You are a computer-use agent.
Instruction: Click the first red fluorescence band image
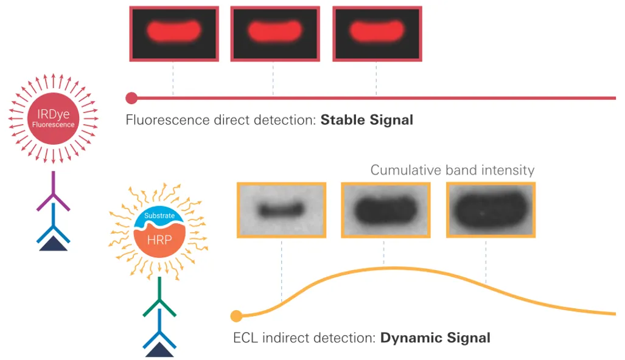(x=174, y=33)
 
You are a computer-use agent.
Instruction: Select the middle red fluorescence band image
(x=275, y=33)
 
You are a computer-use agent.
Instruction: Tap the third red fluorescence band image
(x=377, y=33)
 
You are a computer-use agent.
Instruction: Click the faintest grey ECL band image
(x=281, y=210)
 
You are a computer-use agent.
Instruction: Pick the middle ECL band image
(x=386, y=210)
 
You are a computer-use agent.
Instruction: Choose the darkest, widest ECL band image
(x=491, y=210)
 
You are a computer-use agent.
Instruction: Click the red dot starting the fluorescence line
(x=131, y=97)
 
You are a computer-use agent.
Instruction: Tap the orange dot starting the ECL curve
(x=237, y=316)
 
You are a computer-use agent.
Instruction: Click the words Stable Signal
(x=366, y=120)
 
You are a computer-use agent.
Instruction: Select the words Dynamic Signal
(x=435, y=337)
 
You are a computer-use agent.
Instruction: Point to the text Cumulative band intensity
(x=452, y=170)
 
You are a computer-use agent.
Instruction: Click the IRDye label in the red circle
(x=53, y=114)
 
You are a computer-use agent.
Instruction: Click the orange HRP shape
(x=159, y=239)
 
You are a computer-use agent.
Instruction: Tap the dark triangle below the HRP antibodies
(x=159, y=350)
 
